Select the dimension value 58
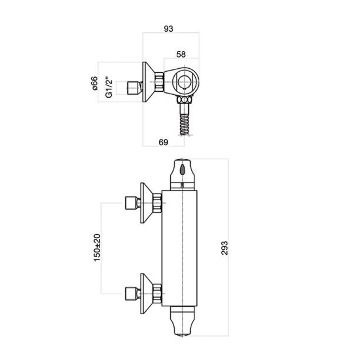click(181, 54)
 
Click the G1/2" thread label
click(108, 86)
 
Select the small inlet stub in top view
click(135, 89)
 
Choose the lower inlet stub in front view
click(131, 291)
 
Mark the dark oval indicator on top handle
click(184, 170)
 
